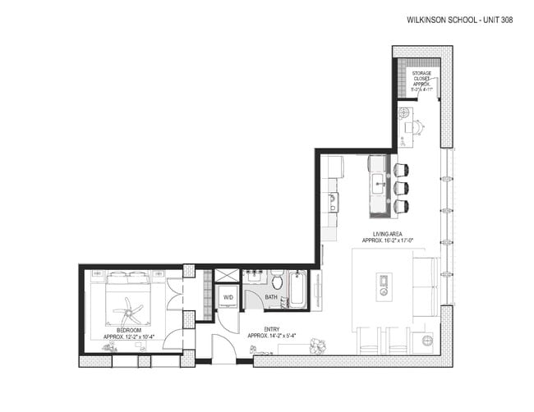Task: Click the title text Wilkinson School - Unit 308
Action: tap(459, 20)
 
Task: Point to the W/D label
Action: tap(228, 297)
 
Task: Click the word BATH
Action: tap(271, 297)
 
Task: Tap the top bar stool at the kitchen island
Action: tap(401, 170)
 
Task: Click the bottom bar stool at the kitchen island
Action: tap(401, 206)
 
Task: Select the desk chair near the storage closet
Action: tap(417, 126)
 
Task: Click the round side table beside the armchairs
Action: tap(426, 340)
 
